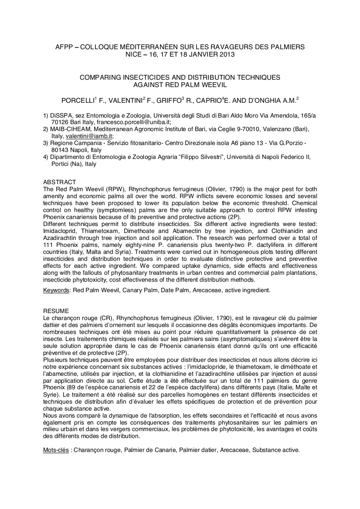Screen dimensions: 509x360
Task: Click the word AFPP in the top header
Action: click(65, 47)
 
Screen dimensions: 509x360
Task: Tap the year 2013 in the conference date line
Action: click(226, 54)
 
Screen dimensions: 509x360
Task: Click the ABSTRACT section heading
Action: click(60, 182)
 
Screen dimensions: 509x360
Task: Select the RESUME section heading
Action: click(56, 311)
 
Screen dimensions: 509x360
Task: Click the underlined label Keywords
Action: click(56, 290)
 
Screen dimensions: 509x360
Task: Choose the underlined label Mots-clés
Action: click(56, 450)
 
